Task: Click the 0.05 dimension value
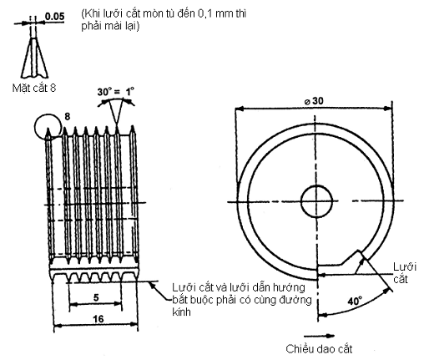pyautogui.click(x=56, y=15)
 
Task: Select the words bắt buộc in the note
pyautogui.click(x=189, y=300)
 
